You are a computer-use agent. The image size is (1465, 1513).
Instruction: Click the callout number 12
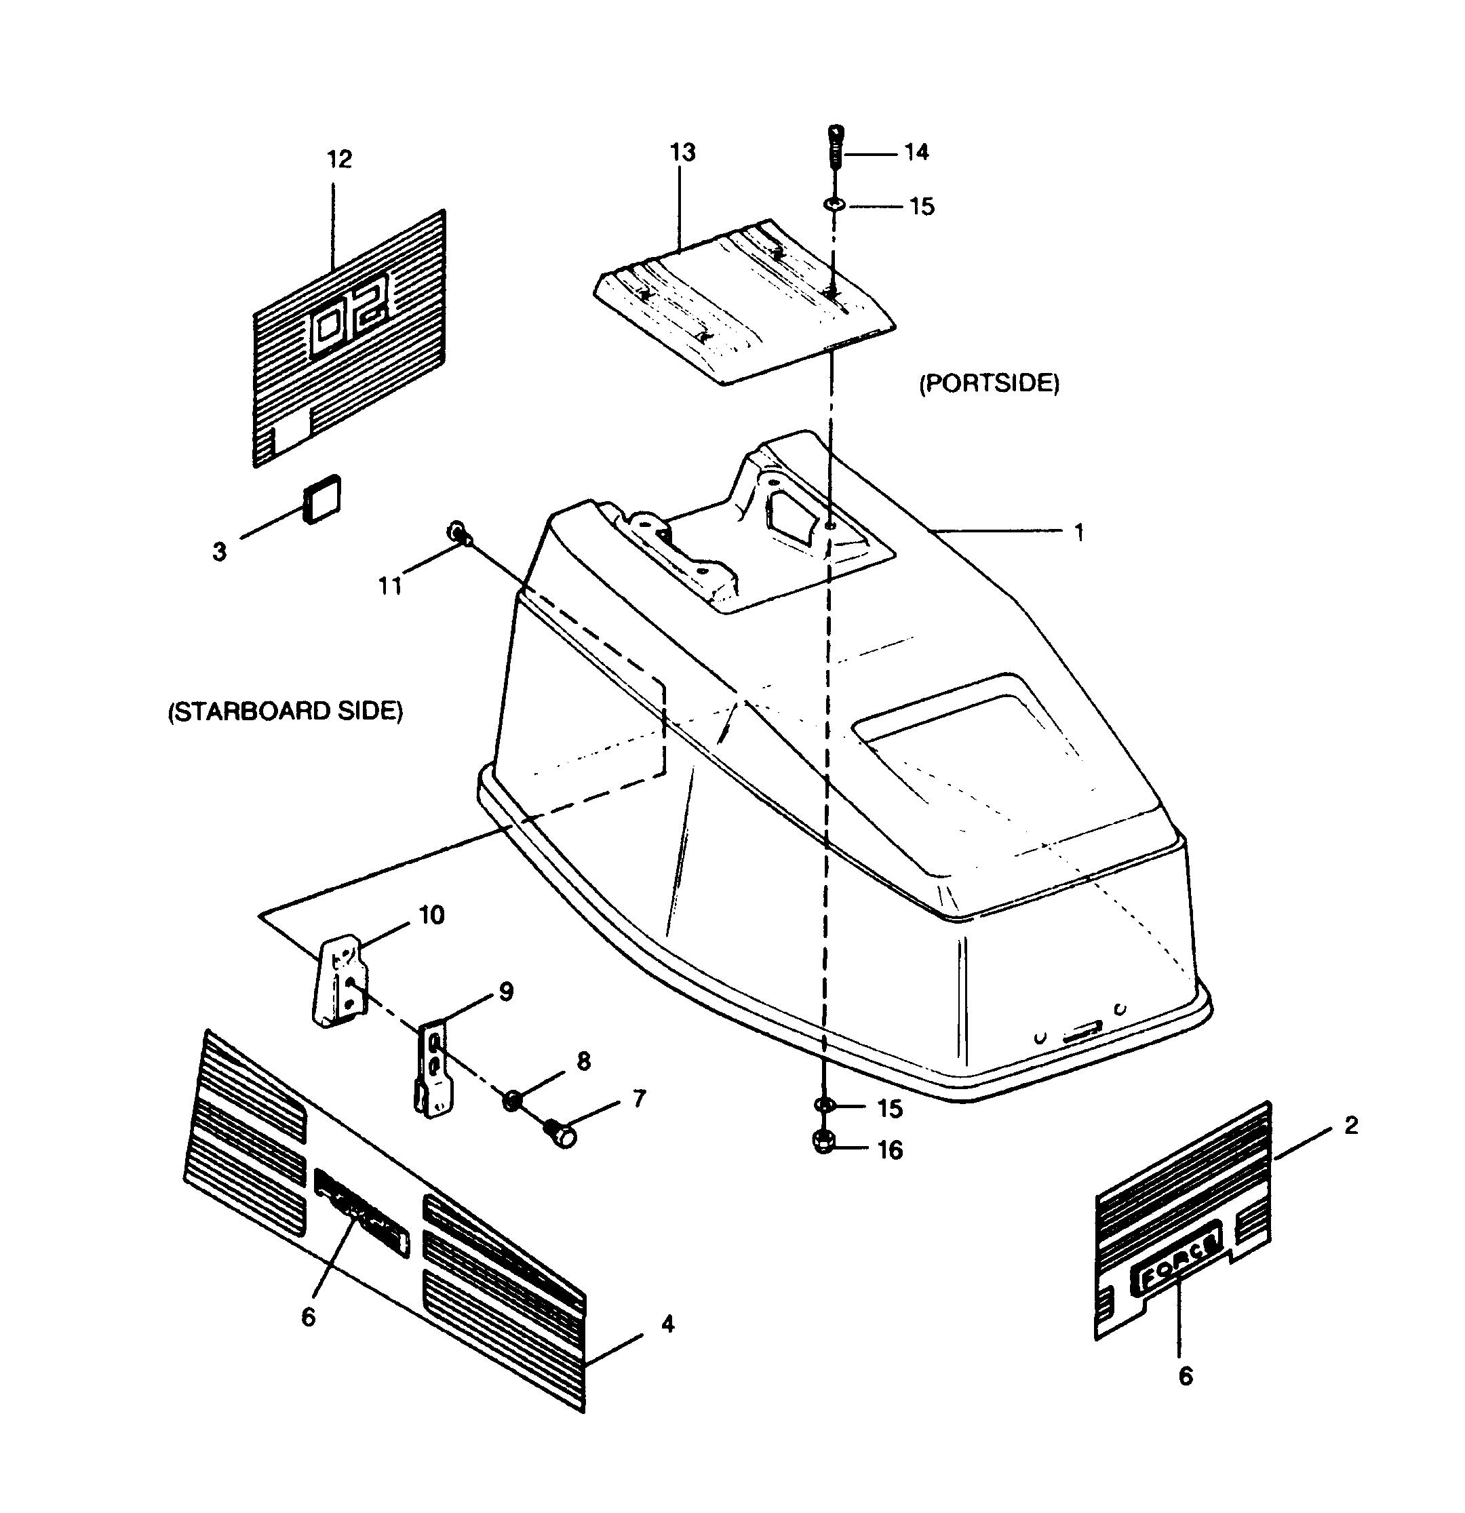pyautogui.click(x=340, y=160)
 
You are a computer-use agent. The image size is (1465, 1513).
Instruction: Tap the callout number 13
pyautogui.click(x=682, y=153)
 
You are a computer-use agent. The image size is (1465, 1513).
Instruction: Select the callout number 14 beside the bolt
pyautogui.click(x=916, y=152)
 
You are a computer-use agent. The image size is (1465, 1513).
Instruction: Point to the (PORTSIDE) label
pyautogui.click(x=989, y=384)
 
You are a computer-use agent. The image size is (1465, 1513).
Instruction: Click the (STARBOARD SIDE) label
pyautogui.click(x=286, y=711)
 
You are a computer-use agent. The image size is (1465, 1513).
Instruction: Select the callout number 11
pyautogui.click(x=390, y=587)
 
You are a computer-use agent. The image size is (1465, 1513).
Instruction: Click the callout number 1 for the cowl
pyautogui.click(x=1079, y=532)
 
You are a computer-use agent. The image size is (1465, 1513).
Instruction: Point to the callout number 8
pyautogui.click(x=583, y=1061)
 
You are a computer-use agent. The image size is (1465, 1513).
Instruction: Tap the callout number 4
pyautogui.click(x=667, y=1324)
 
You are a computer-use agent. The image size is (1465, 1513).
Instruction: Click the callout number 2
pyautogui.click(x=1351, y=1126)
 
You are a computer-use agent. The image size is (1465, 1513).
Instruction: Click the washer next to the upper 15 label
pyautogui.click(x=834, y=205)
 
